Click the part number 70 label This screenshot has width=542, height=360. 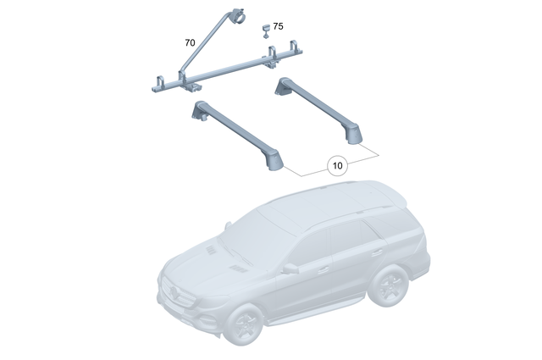pyautogui.click(x=190, y=41)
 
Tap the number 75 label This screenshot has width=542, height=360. pyautogui.click(x=279, y=27)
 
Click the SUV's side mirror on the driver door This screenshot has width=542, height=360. pyautogui.click(x=290, y=269)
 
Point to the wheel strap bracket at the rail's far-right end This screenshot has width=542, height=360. pyautogui.click(x=296, y=48)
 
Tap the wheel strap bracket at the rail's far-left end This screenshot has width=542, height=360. pyautogui.click(x=158, y=81)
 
